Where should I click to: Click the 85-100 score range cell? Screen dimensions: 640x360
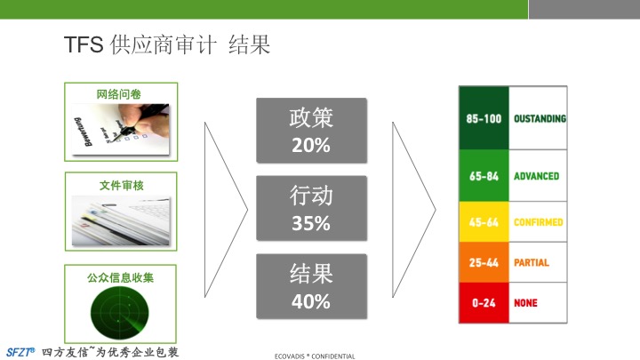point(484,118)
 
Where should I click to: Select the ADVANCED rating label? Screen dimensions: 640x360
point(536,176)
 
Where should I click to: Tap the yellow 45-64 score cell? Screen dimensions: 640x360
point(484,221)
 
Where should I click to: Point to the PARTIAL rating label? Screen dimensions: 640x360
point(532,262)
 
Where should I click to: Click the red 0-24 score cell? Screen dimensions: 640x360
point(484,302)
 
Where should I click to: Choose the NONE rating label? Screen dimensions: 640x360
point(525,303)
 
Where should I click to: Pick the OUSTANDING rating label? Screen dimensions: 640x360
point(540,118)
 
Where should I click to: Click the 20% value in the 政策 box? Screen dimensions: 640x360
point(311,145)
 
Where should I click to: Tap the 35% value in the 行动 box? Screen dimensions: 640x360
point(311,223)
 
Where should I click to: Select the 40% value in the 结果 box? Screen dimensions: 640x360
point(311,301)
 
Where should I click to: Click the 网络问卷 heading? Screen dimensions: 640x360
point(119,94)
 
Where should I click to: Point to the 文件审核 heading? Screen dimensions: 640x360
point(121,186)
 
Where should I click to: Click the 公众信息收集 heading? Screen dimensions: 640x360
point(120,278)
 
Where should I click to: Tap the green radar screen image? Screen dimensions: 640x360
point(120,313)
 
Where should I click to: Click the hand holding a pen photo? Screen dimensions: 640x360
point(121,130)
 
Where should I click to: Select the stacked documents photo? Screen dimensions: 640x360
point(121,220)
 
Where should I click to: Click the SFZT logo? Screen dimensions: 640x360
point(20,352)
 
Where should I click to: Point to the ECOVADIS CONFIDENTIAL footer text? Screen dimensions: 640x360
point(315,356)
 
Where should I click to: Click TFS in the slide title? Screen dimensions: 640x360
point(84,44)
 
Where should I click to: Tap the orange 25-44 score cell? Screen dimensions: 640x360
point(484,262)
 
